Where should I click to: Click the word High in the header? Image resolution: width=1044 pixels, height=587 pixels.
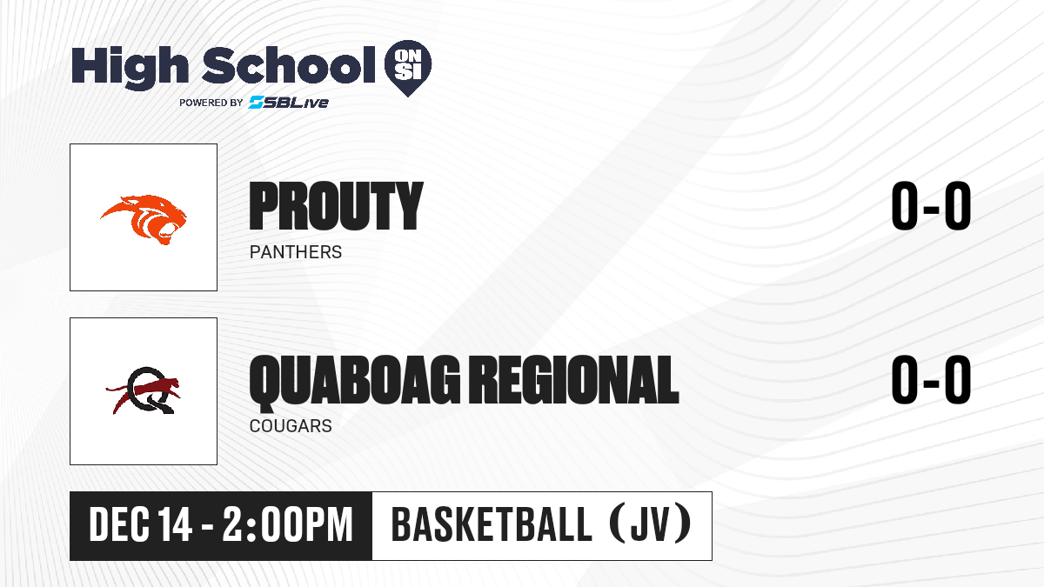[130, 67]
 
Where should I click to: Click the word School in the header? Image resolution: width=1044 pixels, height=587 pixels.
[289, 64]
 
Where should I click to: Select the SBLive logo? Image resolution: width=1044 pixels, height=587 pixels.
[289, 102]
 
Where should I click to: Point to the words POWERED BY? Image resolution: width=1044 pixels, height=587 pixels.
[211, 103]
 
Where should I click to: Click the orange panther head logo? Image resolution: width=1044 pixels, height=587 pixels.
[144, 219]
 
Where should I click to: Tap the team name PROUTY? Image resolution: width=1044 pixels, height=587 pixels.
[336, 206]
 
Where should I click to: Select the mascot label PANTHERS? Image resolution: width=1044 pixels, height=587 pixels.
[296, 252]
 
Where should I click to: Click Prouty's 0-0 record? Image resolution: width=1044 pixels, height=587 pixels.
[931, 205]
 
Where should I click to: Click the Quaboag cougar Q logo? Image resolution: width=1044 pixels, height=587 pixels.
[144, 390]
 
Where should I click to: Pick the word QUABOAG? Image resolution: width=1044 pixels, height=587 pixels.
[355, 381]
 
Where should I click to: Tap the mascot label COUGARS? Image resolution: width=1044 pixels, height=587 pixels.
[291, 426]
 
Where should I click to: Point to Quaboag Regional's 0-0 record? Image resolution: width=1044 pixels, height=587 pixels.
[931, 379]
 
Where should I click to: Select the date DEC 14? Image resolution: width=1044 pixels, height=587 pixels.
[140, 525]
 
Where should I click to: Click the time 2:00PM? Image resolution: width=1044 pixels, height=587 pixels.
[288, 525]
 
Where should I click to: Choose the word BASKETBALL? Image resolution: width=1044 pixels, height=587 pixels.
[492, 524]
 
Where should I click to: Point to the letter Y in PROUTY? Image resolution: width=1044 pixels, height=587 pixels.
[406, 206]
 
